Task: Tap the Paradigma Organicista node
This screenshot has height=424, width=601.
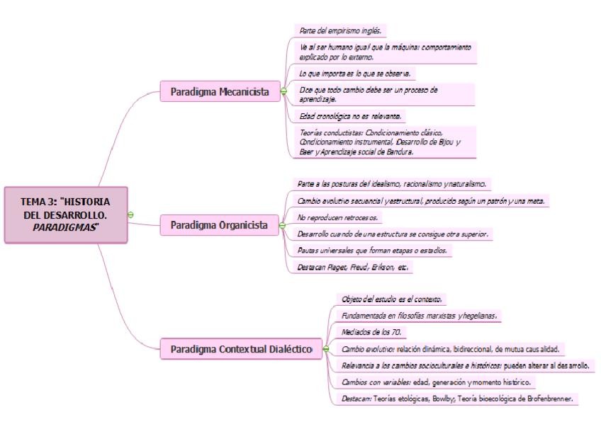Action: (x=219, y=225)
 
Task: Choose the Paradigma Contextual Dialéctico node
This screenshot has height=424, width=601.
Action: (x=241, y=349)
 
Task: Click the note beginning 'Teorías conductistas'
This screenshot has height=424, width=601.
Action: (x=382, y=142)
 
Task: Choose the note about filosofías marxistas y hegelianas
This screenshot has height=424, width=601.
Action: (x=418, y=316)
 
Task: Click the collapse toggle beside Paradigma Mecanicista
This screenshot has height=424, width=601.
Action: (x=283, y=91)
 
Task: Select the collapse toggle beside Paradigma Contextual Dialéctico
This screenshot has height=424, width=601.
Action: (x=325, y=349)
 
